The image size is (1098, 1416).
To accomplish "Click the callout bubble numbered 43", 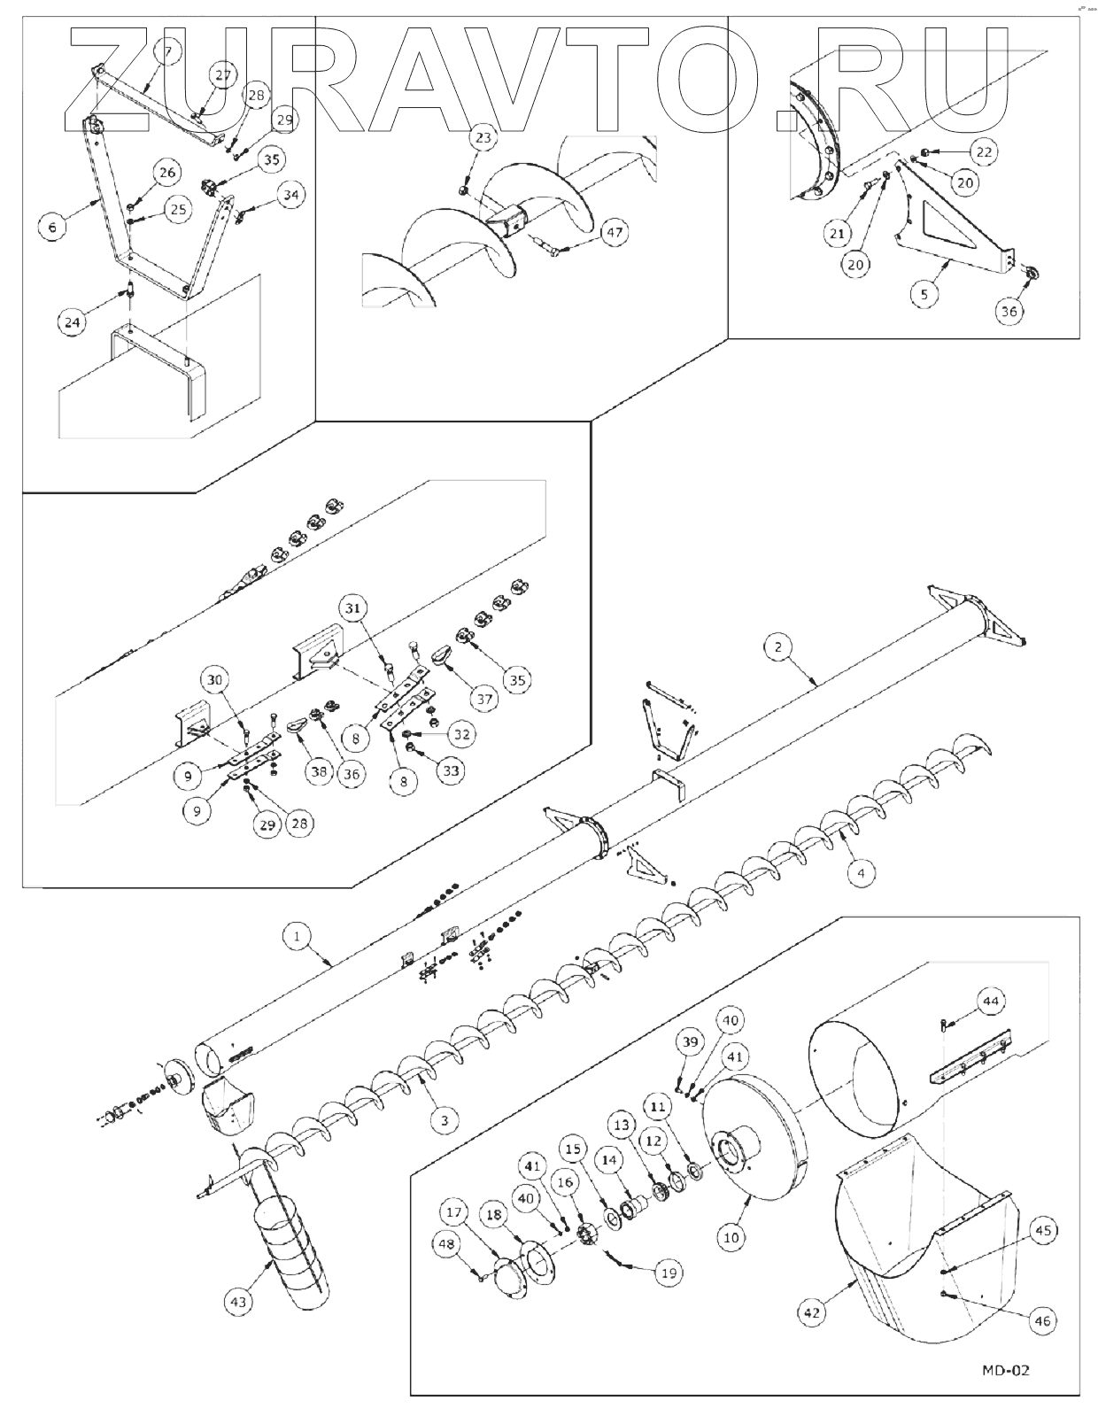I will pos(238,1302).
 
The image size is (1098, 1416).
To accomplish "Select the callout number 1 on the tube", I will pos(298,935).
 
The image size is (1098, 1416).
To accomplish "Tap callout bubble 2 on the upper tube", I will pos(777,647).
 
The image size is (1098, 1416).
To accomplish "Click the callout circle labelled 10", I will pos(731,1237).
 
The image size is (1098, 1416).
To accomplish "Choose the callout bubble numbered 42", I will pos(814,1312).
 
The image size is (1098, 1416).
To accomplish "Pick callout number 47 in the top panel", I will pos(614,234).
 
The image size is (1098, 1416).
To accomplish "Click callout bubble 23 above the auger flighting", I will pos(483,138).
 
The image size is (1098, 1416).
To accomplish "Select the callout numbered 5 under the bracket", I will pos(924,294).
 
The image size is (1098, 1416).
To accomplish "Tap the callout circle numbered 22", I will pos(984,151).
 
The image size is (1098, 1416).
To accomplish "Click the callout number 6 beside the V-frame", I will pos(52,228).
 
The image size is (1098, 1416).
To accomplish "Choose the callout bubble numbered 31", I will pos(353,608).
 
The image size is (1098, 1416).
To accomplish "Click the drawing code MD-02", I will pos(1005,1370).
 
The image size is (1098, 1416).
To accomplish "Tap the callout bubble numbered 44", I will pos(991,1001).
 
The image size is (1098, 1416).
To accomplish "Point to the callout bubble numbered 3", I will pos(445,1119).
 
